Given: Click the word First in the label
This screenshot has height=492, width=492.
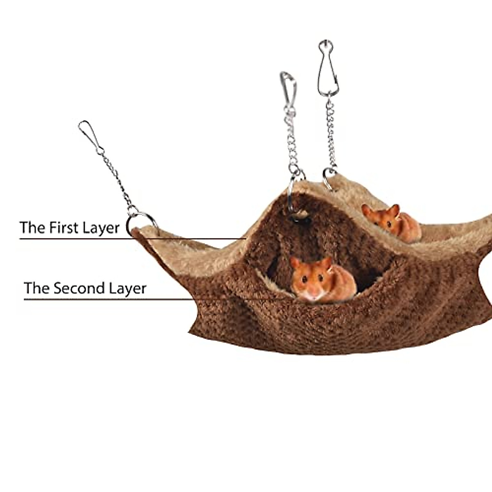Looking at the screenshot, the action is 64,228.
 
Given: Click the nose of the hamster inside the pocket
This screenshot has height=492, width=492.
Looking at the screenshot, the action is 313,294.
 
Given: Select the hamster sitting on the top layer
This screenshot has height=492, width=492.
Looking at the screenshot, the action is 392,223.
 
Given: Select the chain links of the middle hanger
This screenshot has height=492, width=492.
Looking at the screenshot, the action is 292,139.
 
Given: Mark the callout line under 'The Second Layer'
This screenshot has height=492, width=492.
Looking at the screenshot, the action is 123,299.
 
